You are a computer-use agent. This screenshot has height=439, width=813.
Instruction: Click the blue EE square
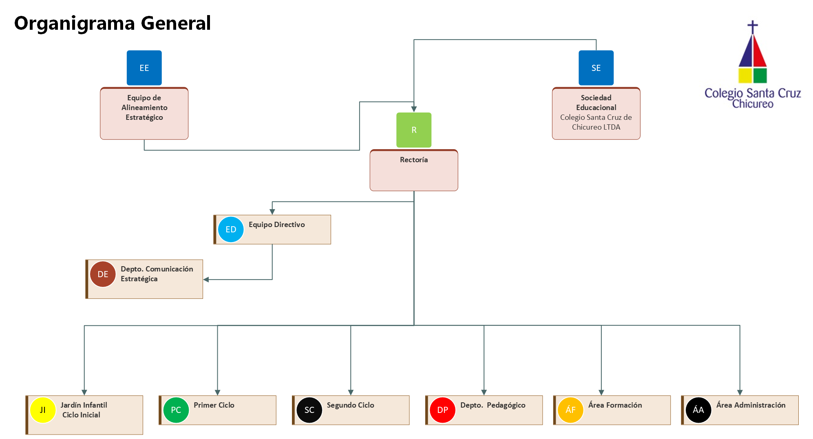pyautogui.click(x=144, y=68)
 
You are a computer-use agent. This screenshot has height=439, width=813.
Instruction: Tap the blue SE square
pyautogui.click(x=596, y=68)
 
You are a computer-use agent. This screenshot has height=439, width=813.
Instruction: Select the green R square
pyautogui.click(x=414, y=130)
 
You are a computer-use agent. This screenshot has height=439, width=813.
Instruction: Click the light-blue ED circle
pyautogui.click(x=231, y=229)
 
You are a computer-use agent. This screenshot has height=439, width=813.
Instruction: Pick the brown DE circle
pyautogui.click(x=103, y=274)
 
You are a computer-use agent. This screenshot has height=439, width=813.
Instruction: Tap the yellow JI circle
pyautogui.click(x=43, y=410)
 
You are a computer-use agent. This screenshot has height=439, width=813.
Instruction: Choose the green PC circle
pyautogui.click(x=176, y=410)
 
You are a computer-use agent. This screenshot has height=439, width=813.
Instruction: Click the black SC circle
pyautogui.click(x=309, y=410)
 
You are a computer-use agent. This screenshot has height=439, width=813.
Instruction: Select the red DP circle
pyautogui.click(x=443, y=410)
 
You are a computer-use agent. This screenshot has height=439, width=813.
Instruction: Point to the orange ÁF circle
pyautogui.click(x=571, y=410)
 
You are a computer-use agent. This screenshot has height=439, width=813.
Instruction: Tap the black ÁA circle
pyautogui.click(x=698, y=410)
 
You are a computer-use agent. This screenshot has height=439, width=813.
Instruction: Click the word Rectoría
pyautogui.click(x=414, y=160)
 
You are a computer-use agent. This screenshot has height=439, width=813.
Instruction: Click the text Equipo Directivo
pyautogui.click(x=277, y=225)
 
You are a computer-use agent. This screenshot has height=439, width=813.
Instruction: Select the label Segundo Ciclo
pyautogui.click(x=351, y=405)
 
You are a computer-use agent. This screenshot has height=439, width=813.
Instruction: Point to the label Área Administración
pyautogui.click(x=751, y=405)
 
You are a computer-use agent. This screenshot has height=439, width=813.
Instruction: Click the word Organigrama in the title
pyautogui.click(x=75, y=24)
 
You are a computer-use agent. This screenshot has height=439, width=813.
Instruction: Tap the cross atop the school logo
pyautogui.click(x=753, y=27)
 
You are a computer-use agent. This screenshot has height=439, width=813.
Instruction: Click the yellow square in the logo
pyautogui.click(x=745, y=75)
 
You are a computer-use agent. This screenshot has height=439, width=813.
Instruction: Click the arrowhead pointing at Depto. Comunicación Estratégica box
pyautogui.click(x=206, y=280)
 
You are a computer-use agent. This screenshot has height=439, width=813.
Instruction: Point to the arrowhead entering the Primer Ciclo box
pyautogui.click(x=217, y=393)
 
